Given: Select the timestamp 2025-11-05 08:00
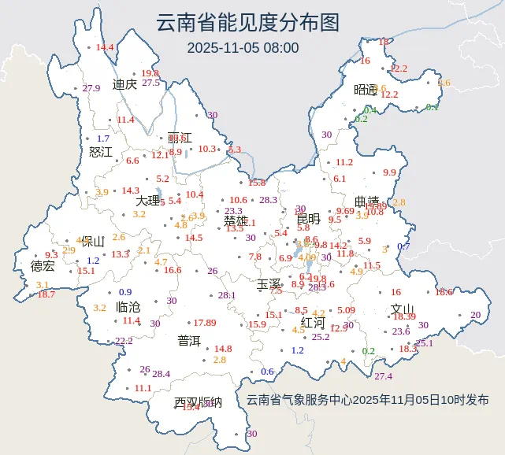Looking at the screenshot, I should [x=243, y=47].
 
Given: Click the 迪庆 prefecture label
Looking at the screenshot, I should [x=124, y=85].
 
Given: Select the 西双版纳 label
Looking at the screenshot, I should [x=198, y=402].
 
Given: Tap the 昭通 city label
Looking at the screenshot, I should [x=366, y=89].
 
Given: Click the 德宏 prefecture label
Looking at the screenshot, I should [x=43, y=266].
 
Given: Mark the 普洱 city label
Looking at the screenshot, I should [x=189, y=340].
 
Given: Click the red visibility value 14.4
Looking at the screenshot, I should [x=105, y=47].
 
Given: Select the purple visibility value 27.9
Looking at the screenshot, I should [x=91, y=88].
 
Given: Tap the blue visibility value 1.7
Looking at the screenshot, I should [x=103, y=139].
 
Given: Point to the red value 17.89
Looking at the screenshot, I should [x=205, y=323].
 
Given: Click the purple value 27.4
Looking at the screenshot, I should [x=383, y=375].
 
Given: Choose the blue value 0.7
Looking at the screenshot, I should [x=403, y=246].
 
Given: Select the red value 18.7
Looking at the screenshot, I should [x=46, y=294].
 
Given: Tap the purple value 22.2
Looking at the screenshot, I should [x=124, y=341].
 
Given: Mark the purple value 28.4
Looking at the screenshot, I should [x=161, y=374].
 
